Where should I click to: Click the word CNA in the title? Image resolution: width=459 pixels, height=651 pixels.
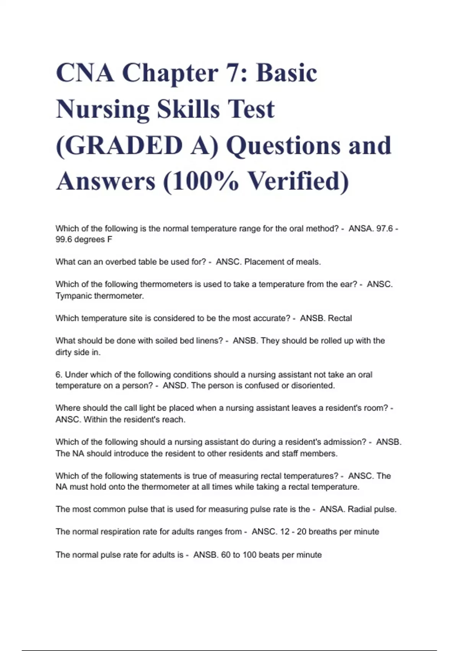(x=85, y=73)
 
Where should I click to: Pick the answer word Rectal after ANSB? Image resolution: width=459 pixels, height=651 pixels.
(x=340, y=318)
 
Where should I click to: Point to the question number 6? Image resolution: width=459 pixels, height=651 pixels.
(x=59, y=375)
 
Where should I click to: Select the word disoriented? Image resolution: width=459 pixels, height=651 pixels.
(x=313, y=386)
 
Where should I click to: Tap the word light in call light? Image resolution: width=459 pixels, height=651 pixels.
(x=147, y=408)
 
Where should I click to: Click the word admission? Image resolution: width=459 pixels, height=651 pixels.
(x=345, y=442)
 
